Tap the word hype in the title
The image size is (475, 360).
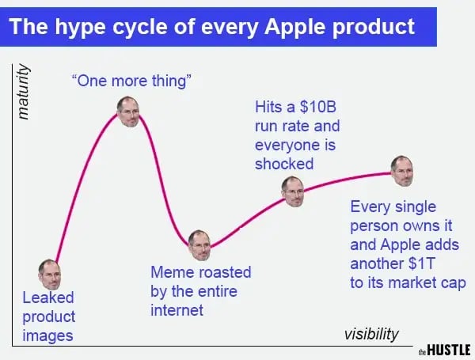click(80, 27)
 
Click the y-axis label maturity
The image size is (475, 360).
click(24, 92)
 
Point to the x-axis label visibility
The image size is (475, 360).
click(371, 334)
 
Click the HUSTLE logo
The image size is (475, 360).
click(445, 350)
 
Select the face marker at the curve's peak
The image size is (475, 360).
click(128, 112)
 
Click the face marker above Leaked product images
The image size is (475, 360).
click(50, 275)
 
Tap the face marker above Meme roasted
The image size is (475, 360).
click(199, 245)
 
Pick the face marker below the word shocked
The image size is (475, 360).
click(293, 191)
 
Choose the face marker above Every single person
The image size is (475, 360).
click(402, 171)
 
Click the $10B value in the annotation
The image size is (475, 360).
click(317, 107)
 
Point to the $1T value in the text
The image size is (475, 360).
click(421, 263)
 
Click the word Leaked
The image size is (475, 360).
click(48, 297)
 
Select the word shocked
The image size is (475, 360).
click(284, 164)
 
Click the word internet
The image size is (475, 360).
click(177, 310)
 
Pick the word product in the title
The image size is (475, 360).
click(374, 27)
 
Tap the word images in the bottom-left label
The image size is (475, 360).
click(47, 336)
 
